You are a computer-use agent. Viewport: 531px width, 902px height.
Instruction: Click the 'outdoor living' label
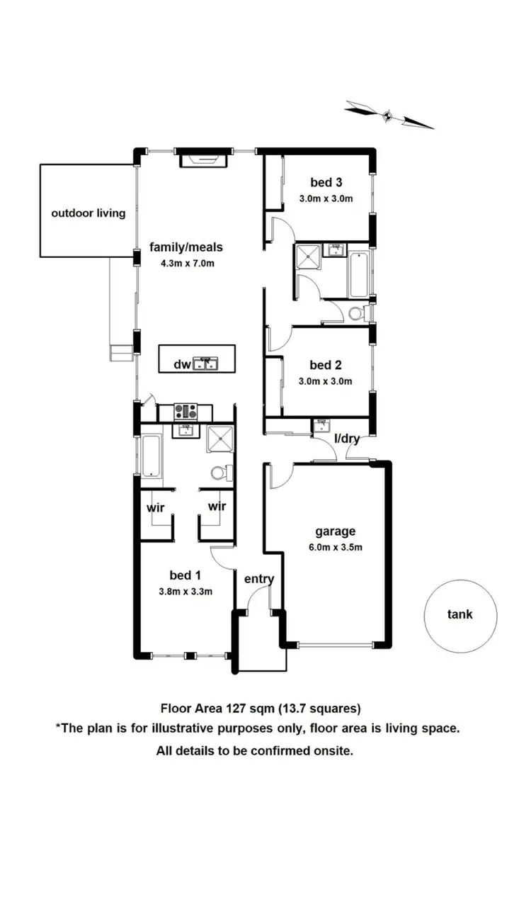[x=88, y=213]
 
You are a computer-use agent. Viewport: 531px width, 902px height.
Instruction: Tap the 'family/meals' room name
[x=185, y=247]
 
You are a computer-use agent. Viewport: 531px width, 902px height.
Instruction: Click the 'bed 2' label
[x=326, y=365]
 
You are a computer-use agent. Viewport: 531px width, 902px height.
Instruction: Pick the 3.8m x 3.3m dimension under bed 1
[x=185, y=592]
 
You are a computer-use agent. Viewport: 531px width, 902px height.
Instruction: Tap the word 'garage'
[x=335, y=531]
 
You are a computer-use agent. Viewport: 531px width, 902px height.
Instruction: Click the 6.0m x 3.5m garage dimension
[x=335, y=547]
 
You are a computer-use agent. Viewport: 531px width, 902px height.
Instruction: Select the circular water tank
[x=460, y=615]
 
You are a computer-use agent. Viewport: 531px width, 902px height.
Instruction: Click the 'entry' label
[x=259, y=579]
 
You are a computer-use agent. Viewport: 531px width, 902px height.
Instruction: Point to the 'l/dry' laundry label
[x=347, y=439]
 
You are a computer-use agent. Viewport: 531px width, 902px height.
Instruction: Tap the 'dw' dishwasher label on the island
[x=182, y=365]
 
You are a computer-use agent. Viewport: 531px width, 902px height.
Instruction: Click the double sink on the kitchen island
[x=207, y=364]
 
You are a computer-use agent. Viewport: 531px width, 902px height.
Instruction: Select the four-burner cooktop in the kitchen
[x=185, y=411]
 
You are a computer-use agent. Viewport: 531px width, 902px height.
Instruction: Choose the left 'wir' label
[x=156, y=507]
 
